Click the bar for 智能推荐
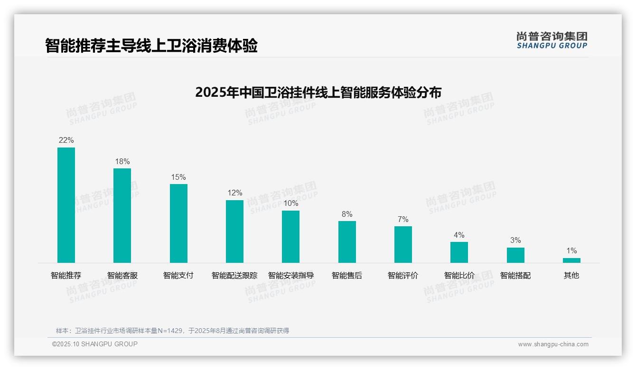pos(66,205)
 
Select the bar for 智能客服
pos(122,215)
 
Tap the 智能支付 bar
pos(178,223)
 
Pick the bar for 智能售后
pos(347,242)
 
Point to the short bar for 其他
pos(571,260)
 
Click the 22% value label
pos(66,140)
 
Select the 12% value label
pos(234,193)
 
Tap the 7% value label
pos(403,220)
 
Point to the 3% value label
pos(515,240)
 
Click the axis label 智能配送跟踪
pos(234,276)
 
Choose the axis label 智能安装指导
pos(290,276)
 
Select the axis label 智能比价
pos(459,276)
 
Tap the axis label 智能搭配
pos(515,276)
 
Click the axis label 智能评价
pos(403,276)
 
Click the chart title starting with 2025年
pos(318,92)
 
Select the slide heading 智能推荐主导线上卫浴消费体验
pos(151,46)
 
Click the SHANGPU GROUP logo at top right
pos(552,40)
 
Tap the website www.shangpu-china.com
pos(553,344)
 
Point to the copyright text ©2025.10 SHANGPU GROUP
pos(95,344)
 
